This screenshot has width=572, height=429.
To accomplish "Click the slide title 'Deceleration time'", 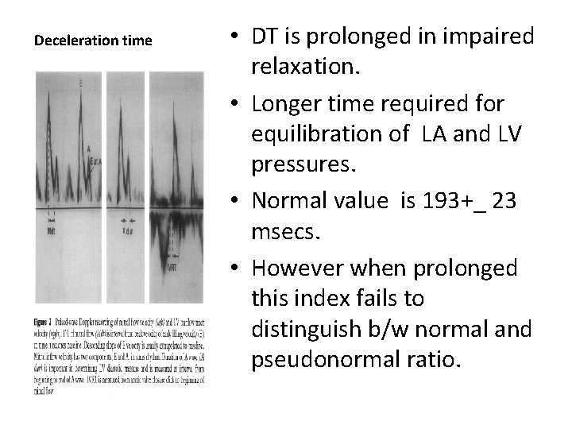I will [93, 41].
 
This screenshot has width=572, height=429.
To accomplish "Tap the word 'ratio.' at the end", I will [435, 364].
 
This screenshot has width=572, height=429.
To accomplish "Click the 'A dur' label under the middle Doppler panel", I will [127, 232].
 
